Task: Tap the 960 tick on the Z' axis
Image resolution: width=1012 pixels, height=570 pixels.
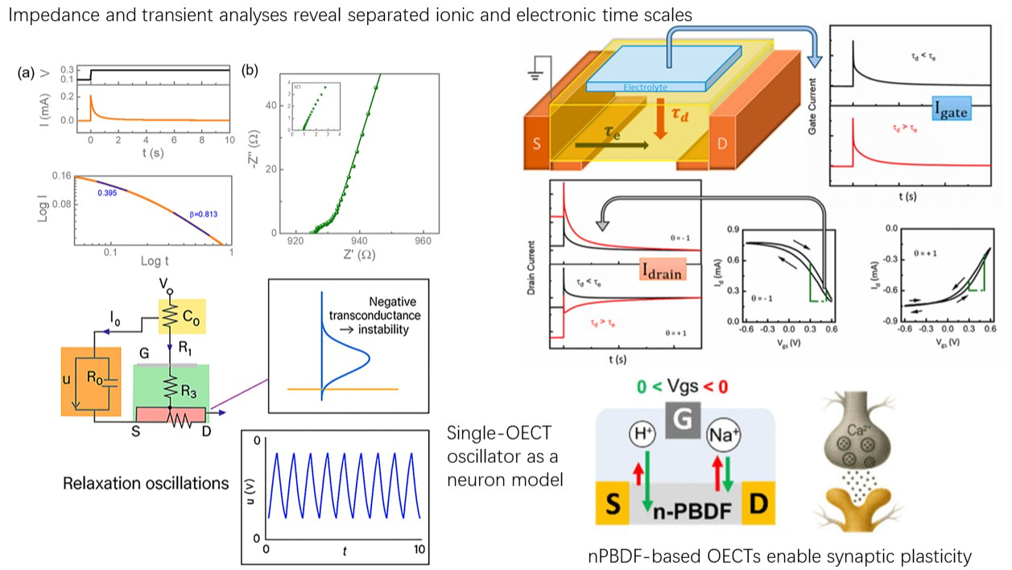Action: tap(421, 241)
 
